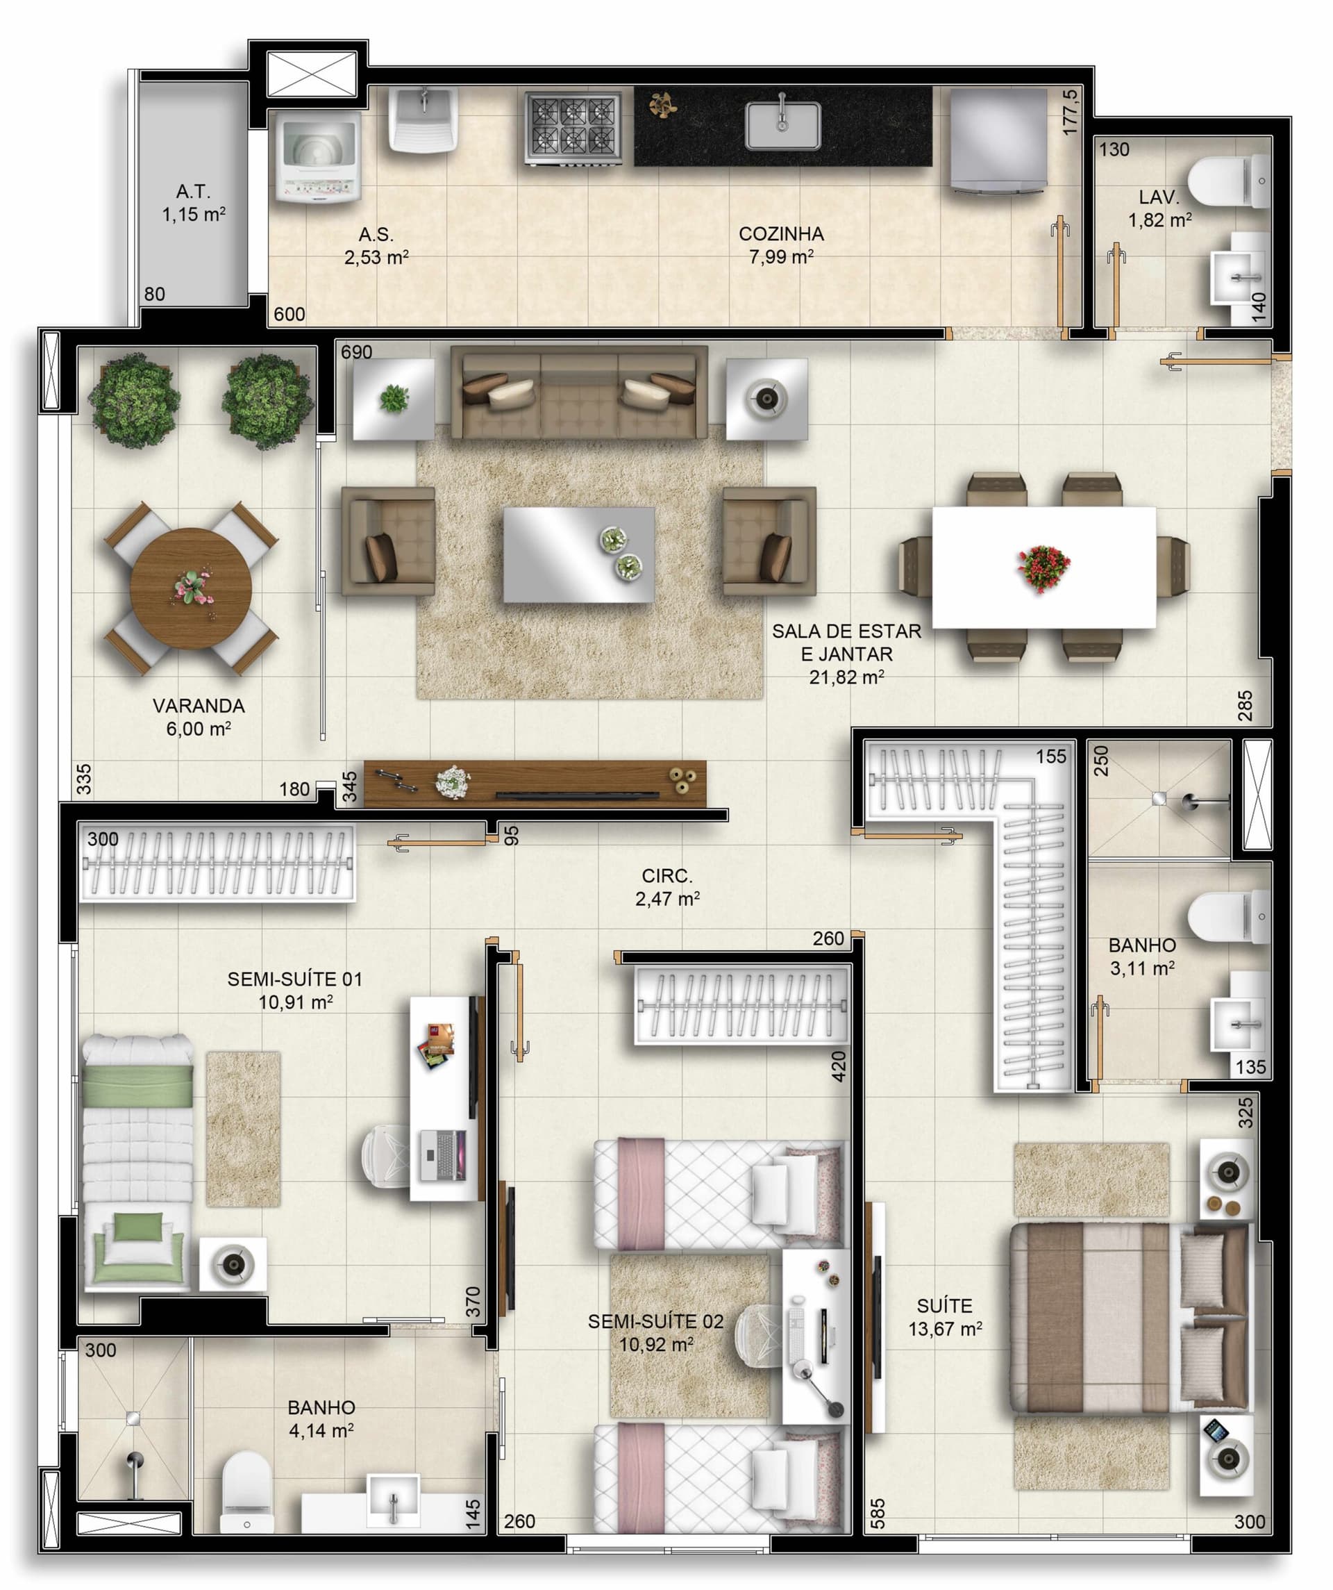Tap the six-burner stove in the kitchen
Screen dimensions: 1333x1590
[x=573, y=128]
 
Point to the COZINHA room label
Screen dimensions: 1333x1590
[x=781, y=234]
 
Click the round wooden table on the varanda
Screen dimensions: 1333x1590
[x=191, y=588]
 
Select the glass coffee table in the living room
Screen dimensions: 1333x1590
[x=578, y=554]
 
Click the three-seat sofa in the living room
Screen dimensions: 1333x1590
[x=579, y=392]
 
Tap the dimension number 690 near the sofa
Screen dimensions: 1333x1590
[x=357, y=352]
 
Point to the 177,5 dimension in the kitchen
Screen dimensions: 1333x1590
[x=1070, y=112]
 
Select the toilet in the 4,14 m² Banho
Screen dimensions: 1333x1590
[x=246, y=1491]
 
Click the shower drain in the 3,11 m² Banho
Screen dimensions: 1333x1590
[x=1159, y=798]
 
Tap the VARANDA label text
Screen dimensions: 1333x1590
[x=199, y=706]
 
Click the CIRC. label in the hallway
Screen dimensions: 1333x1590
[x=667, y=876]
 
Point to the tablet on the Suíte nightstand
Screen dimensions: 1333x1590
[x=1216, y=1430]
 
